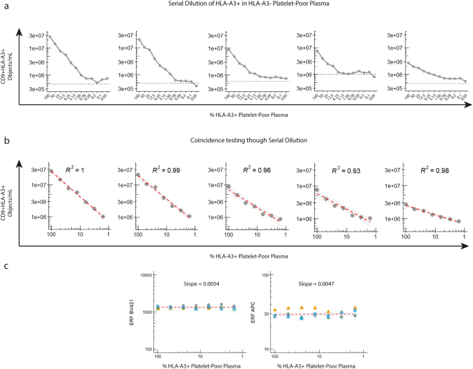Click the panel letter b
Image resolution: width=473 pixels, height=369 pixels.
(6, 140)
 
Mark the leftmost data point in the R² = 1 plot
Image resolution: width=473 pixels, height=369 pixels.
(51, 171)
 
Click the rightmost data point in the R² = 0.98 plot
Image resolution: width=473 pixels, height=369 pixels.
(458, 221)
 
